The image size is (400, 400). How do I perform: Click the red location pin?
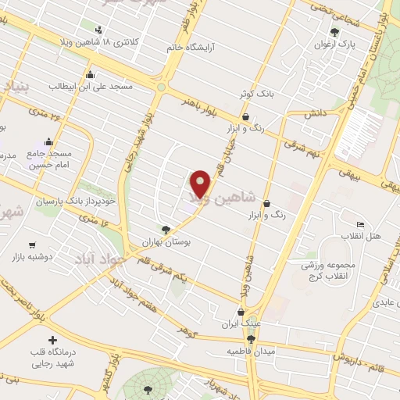202,183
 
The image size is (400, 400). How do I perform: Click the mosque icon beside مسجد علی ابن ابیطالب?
91,74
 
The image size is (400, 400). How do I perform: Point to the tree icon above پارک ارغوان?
335,32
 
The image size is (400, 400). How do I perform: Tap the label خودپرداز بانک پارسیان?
75,201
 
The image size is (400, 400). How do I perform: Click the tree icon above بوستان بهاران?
166,230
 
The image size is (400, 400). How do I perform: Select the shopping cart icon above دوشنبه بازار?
32,245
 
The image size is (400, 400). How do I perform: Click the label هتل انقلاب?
362,235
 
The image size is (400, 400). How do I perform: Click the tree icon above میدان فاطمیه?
251,339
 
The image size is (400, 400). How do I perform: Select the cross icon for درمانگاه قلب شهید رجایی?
52,341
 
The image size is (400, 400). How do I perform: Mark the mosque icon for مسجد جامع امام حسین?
49,141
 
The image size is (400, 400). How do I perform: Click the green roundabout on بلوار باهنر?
162,87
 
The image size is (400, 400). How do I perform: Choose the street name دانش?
315,113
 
